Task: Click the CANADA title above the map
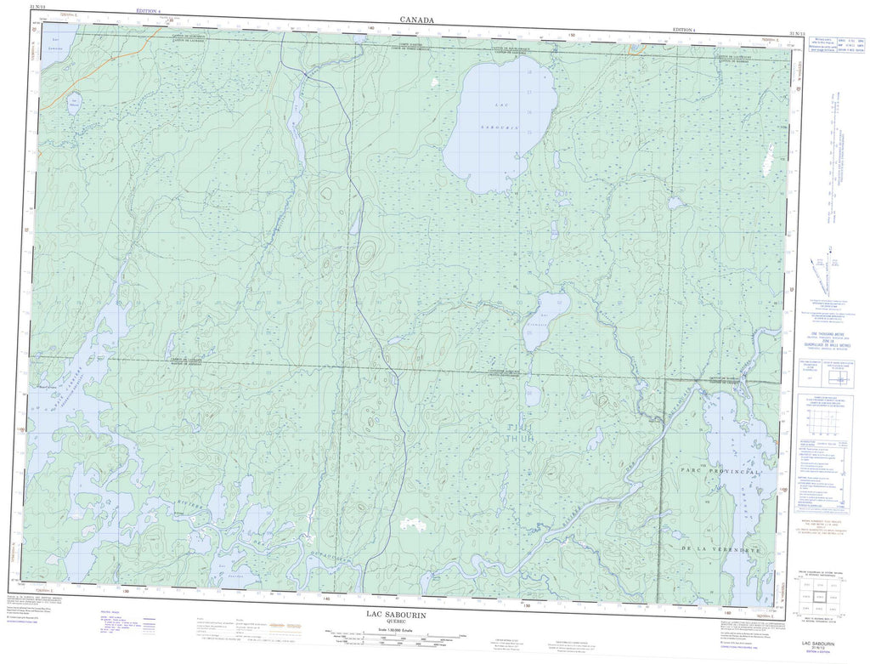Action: [x=417, y=19]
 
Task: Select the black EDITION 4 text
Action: [x=683, y=30]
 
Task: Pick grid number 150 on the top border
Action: [x=571, y=35]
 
